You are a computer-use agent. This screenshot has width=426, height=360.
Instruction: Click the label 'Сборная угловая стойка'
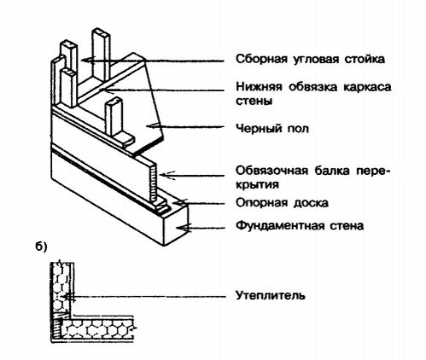pos(308,60)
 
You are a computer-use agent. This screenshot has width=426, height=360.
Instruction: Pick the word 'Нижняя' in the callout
pos(256,87)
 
